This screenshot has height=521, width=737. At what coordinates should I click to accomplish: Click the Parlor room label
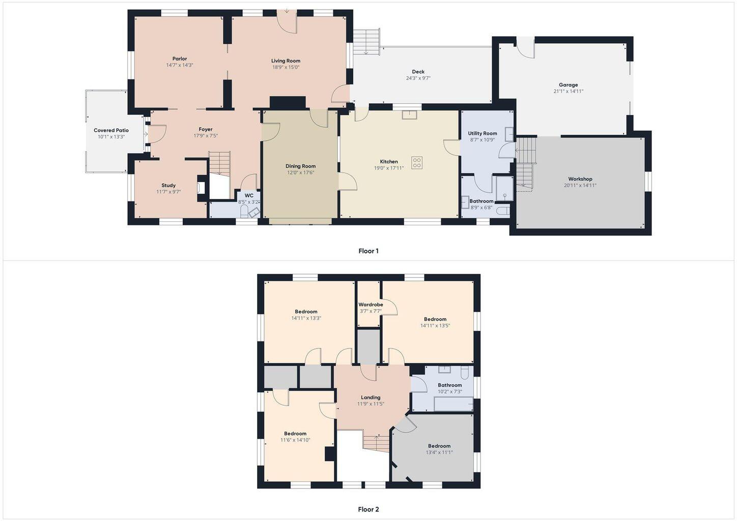180,59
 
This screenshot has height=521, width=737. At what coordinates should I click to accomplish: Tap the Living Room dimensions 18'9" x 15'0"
286,68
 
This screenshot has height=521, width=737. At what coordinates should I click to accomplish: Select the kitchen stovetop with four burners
417,163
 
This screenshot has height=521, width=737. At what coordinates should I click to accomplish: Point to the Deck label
418,72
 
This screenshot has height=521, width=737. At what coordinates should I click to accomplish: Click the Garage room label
568,85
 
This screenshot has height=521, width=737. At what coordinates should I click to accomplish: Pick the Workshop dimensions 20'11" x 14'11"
580,186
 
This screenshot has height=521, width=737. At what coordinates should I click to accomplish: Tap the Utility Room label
483,133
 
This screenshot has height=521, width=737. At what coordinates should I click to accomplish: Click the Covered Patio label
111,131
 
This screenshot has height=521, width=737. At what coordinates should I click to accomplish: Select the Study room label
168,186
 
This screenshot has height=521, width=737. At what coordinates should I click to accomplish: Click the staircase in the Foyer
220,163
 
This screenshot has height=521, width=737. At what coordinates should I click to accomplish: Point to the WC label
249,196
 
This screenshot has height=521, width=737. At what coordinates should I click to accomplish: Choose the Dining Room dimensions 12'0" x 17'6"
300,172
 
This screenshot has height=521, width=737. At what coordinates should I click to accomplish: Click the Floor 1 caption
368,251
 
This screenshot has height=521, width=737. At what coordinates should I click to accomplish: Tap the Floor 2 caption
368,509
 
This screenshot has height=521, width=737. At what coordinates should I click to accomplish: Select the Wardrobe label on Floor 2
371,305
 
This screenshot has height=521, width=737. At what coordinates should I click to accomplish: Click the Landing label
371,398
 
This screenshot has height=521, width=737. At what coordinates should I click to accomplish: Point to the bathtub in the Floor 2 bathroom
453,404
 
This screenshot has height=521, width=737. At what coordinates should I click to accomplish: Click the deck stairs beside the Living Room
366,42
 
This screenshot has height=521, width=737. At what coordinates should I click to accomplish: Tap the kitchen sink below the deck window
409,115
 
